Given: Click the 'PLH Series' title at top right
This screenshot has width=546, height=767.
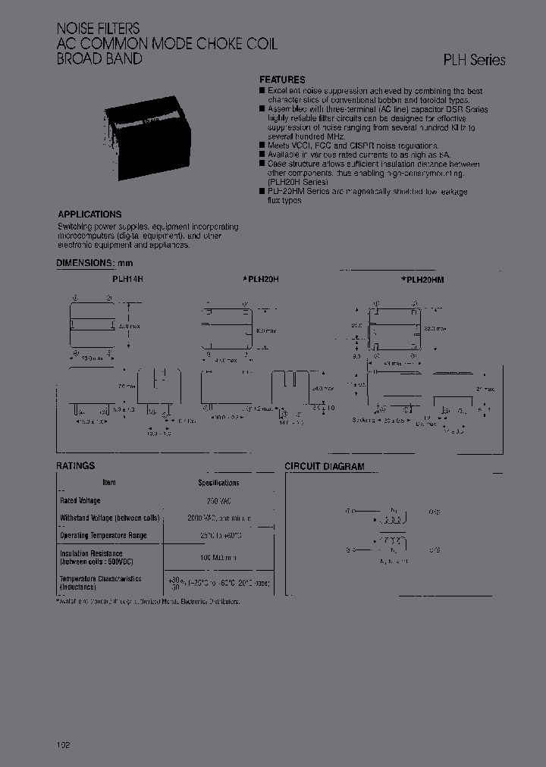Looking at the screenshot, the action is click(474, 61).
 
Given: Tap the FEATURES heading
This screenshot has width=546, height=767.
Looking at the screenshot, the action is click(282, 80).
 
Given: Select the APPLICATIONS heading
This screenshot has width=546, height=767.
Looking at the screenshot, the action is click(89, 214).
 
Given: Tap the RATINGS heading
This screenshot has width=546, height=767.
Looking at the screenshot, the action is click(76, 466).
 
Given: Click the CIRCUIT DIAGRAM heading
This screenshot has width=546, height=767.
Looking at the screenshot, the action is click(324, 467).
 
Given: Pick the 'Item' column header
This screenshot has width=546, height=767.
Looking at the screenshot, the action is click(109, 482).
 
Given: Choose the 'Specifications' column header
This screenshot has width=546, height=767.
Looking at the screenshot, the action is click(218, 483).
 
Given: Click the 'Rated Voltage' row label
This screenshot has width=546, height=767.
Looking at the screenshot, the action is click(80, 501).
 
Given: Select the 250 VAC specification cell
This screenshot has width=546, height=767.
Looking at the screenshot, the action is click(218, 501).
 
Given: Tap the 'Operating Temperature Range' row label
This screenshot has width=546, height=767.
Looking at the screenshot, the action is click(103, 535).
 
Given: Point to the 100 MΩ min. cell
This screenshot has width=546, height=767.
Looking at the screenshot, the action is click(218, 558).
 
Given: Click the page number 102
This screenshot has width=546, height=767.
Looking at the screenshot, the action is click(63, 746).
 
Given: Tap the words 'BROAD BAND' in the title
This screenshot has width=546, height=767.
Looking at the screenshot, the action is click(99, 58).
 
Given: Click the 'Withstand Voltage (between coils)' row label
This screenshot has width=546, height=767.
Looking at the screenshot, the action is click(110, 518).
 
